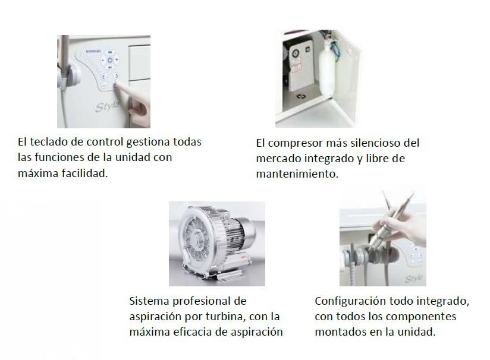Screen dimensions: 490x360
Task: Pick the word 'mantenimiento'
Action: coord(297,173)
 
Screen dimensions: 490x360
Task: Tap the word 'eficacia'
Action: coord(194,331)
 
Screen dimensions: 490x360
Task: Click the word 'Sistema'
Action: coord(149,301)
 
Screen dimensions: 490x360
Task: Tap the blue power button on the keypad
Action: coord(110,60)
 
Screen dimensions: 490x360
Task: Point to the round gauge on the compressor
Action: coord(295,54)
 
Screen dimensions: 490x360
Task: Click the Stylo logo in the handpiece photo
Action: coord(414,278)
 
